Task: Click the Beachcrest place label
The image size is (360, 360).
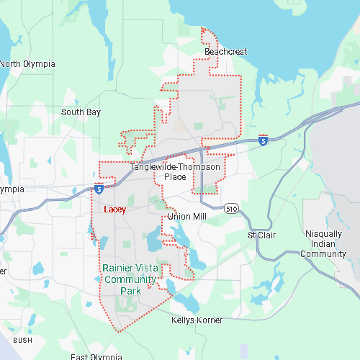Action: pyautogui.click(x=225, y=53)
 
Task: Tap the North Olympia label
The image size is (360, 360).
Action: pyautogui.click(x=27, y=63)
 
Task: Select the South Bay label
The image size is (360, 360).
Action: pyautogui.click(x=81, y=112)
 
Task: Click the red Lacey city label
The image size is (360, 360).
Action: pyautogui.click(x=114, y=210)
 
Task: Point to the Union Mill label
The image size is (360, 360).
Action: pyautogui.click(x=186, y=216)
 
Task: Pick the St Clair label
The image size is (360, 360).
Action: pyautogui.click(x=261, y=235)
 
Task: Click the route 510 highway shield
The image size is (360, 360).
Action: pyautogui.click(x=230, y=209)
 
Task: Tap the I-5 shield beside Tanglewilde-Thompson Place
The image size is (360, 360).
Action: pyautogui.click(x=98, y=189)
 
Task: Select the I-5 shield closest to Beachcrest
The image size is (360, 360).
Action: pyautogui.click(x=263, y=140)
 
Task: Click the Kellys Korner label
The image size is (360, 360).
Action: pyautogui.click(x=197, y=320)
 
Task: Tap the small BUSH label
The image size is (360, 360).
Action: pyautogui.click(x=22, y=340)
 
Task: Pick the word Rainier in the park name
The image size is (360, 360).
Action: pyautogui.click(x=117, y=269)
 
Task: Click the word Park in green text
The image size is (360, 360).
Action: pyautogui.click(x=130, y=290)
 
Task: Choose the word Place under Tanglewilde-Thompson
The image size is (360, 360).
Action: pyautogui.click(x=175, y=177)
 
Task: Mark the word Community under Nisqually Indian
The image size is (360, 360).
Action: pyautogui.click(x=323, y=254)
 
